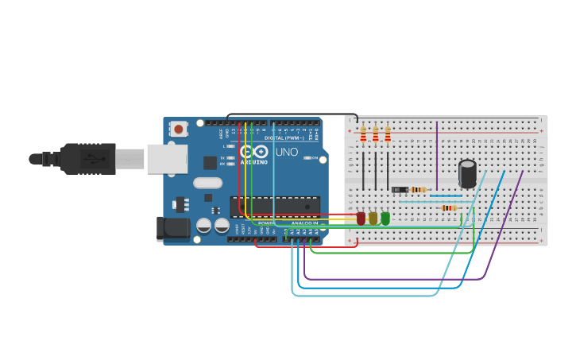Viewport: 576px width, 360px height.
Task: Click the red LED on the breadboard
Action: tap(361, 218)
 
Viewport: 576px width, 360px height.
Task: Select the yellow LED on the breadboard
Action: tap(373, 218)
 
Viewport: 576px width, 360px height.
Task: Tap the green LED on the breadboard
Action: tap(385, 218)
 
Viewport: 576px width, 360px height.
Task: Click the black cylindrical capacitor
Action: tap(468, 174)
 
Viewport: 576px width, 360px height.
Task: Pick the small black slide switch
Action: tap(400, 189)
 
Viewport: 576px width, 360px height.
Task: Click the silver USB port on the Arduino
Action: tap(167, 159)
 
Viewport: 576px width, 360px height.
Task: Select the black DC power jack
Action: tap(174, 228)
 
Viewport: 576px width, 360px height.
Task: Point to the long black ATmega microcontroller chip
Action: tap(275, 206)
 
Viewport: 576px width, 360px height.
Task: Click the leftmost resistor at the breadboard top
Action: tap(363, 134)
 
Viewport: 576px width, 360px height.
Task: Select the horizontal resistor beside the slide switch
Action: tap(419, 189)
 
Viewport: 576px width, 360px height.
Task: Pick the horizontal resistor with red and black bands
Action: tap(449, 208)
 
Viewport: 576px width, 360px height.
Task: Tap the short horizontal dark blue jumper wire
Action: tap(445, 195)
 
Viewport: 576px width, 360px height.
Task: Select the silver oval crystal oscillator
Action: tap(207, 183)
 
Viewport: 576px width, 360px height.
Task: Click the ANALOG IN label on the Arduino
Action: tap(304, 223)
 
